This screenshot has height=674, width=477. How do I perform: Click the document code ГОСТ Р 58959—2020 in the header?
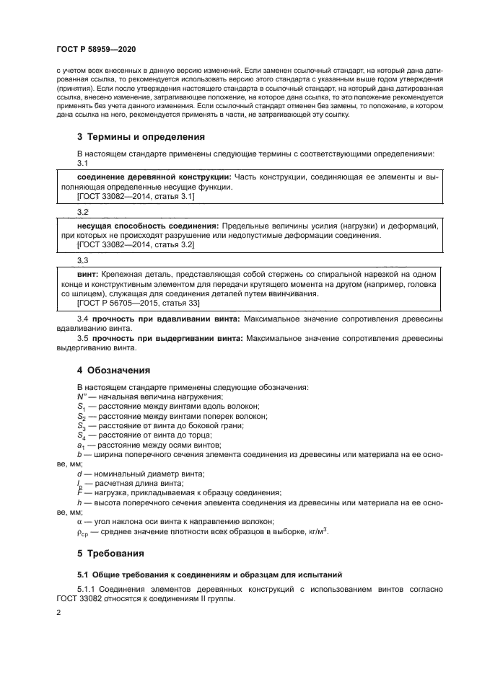click(95, 48)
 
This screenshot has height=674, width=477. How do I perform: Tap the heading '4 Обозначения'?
click(113, 371)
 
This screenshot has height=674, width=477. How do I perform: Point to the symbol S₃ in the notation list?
click(82, 426)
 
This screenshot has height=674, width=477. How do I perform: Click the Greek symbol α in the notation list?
click(79, 520)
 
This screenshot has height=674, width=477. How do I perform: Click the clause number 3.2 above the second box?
click(82, 213)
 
